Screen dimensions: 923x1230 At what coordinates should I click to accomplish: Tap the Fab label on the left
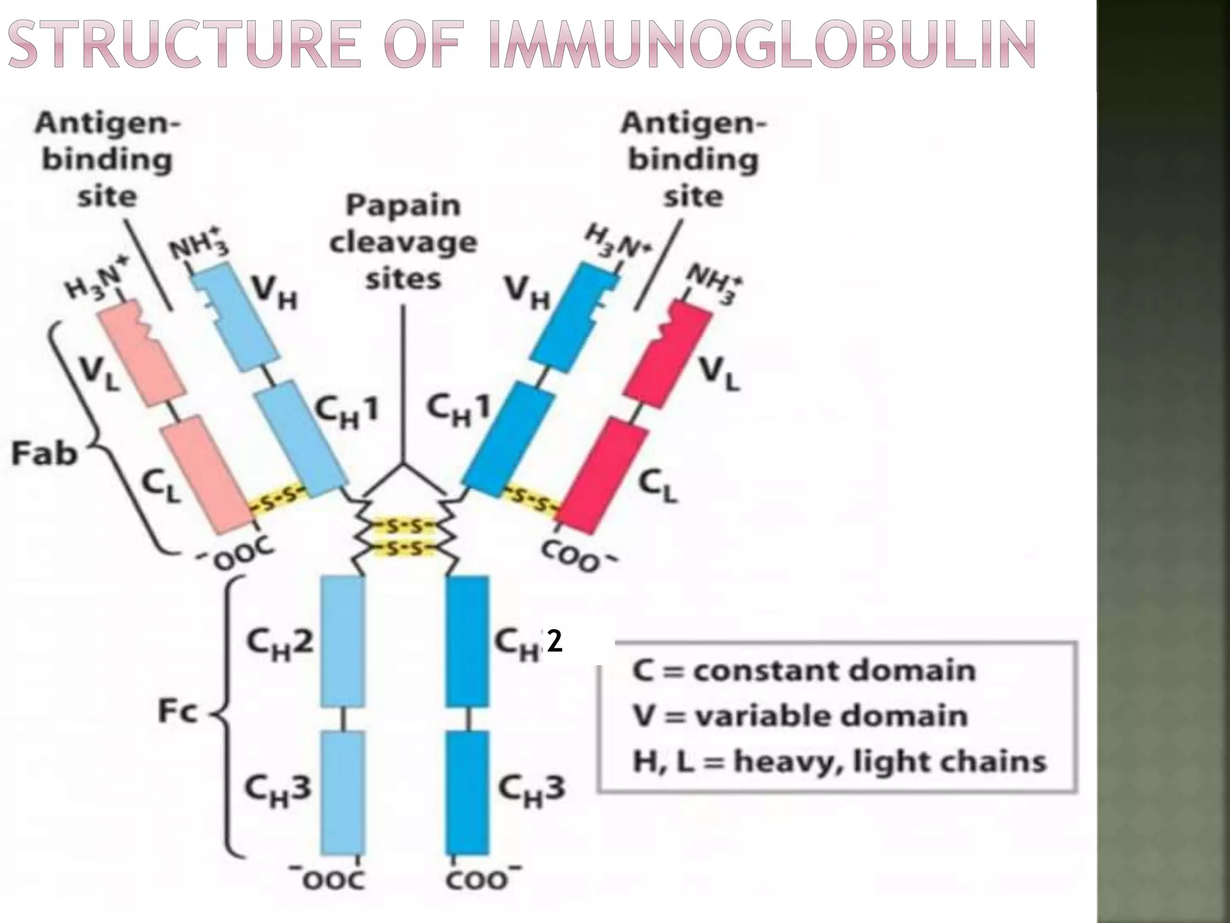[x=44, y=453]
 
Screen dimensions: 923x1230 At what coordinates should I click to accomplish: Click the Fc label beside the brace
[x=177, y=713]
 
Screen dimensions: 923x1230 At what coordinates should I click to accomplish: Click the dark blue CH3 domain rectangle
[x=467, y=792]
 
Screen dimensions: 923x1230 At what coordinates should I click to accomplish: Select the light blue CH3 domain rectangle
[x=342, y=792]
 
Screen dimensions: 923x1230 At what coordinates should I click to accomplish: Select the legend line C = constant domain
[x=804, y=670]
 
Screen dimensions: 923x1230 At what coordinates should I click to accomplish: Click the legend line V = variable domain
[x=800, y=716]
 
